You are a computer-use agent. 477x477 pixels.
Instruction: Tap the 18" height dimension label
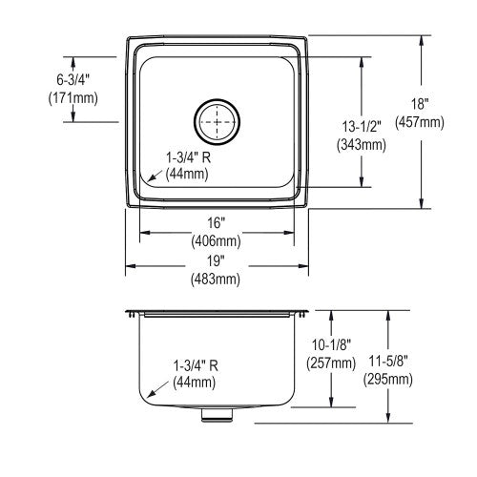click(420, 104)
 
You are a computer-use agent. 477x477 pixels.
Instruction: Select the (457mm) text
click(420, 122)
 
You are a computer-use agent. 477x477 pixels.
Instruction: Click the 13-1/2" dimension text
click(362, 127)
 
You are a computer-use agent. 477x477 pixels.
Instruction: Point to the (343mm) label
click(362, 145)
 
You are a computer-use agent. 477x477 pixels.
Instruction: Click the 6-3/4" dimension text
click(73, 79)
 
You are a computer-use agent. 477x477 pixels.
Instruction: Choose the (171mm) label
click(73, 98)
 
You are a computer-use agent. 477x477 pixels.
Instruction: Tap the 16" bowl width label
click(217, 222)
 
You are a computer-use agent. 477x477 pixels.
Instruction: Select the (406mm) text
click(216, 241)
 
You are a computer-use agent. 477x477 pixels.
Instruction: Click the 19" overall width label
click(216, 260)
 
